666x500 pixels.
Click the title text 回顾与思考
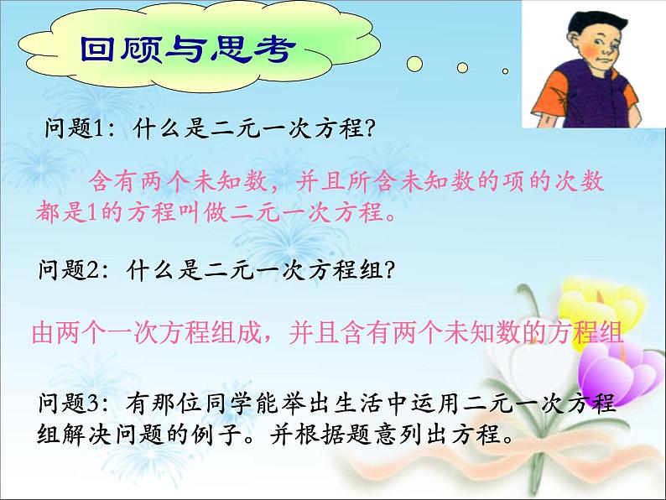[187, 50]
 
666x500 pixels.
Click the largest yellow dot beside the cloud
[414, 64]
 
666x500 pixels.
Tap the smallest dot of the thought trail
[505, 71]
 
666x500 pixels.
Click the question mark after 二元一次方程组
[389, 270]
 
